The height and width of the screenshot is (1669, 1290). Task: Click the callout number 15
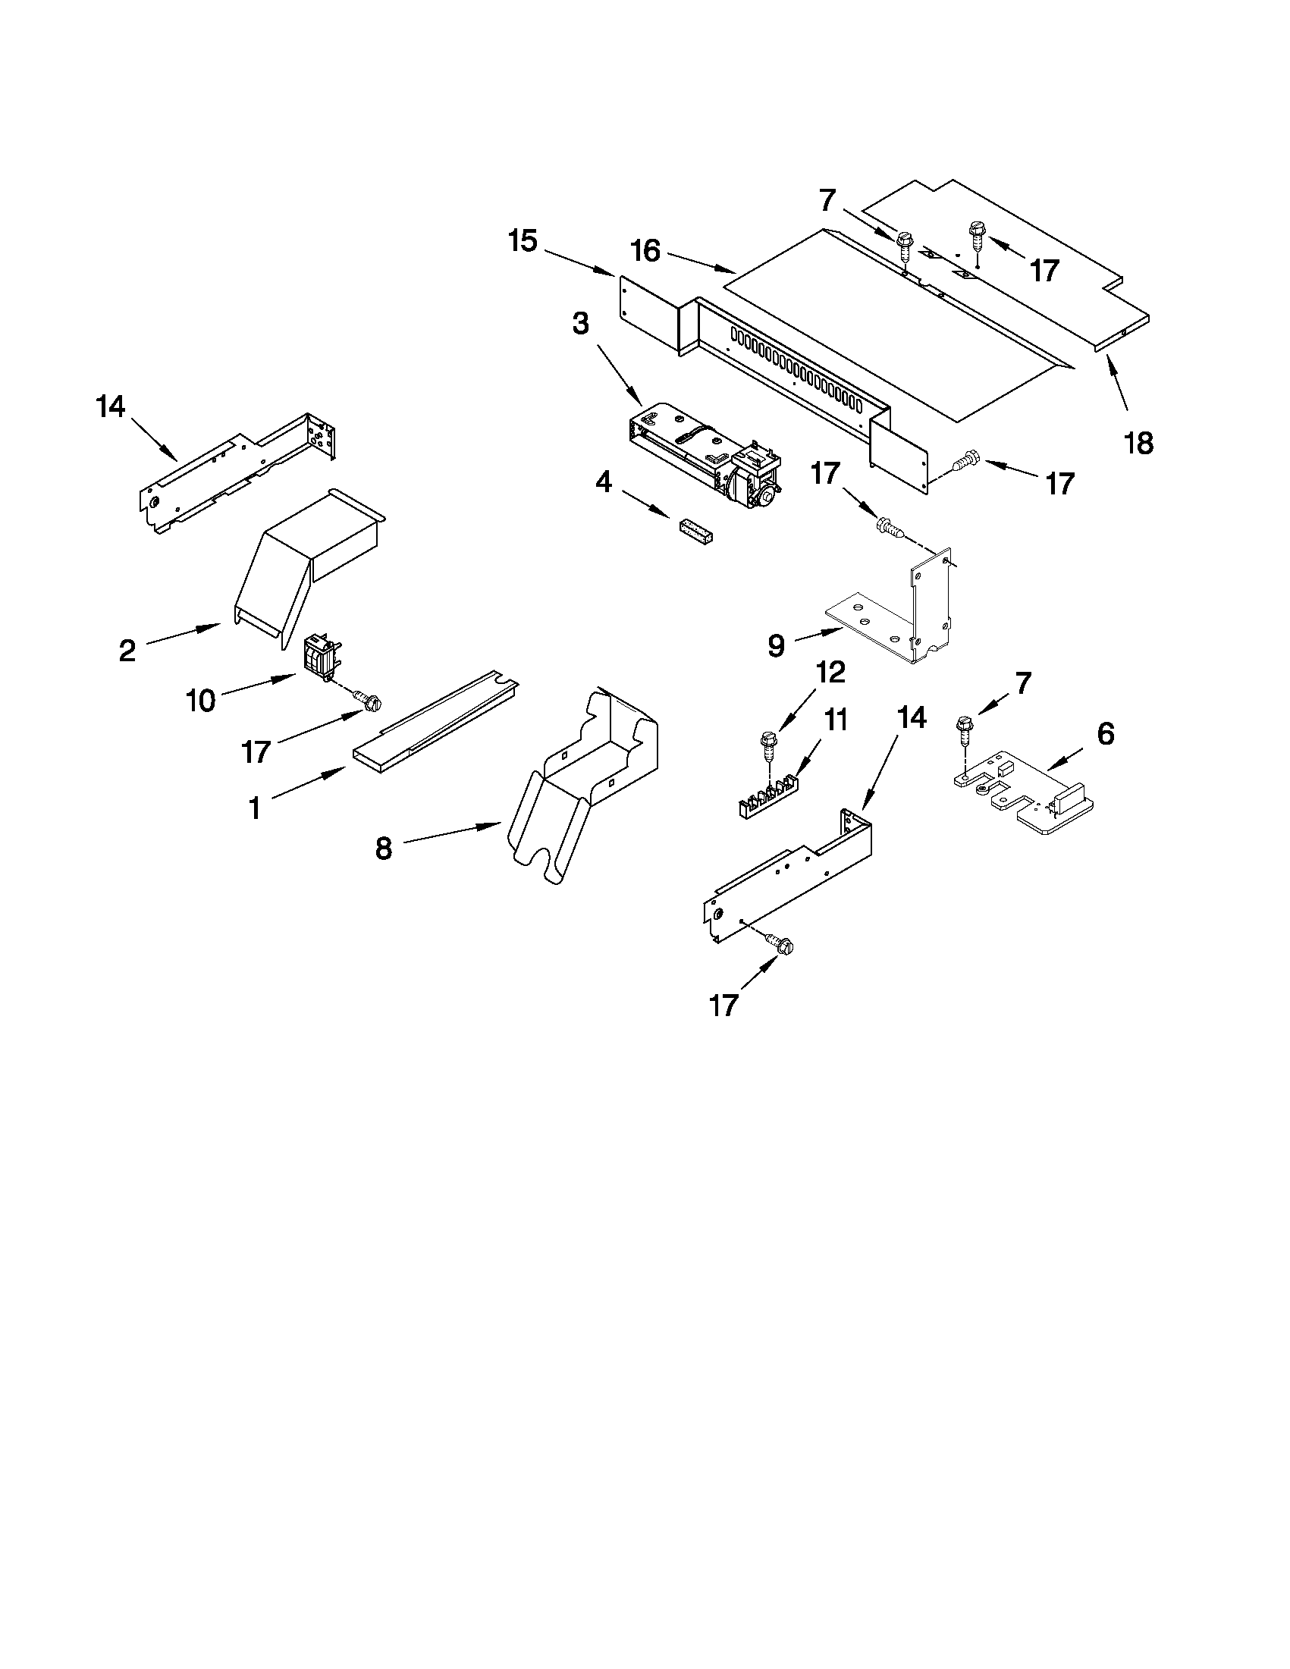point(523,241)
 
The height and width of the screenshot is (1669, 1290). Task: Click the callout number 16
point(646,251)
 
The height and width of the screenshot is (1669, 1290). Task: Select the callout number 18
point(1139,443)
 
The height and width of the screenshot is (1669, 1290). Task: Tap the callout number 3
point(581,323)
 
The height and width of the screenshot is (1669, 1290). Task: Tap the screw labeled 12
point(766,745)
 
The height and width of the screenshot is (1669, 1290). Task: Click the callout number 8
point(384,849)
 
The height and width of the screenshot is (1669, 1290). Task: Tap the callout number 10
point(200,700)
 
